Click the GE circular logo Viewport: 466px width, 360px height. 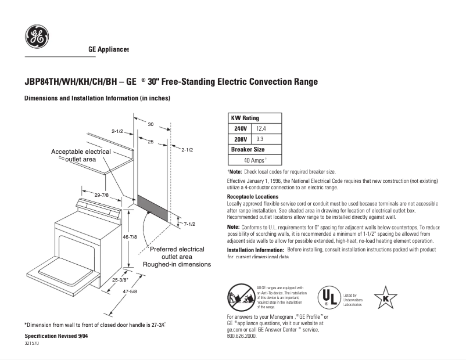(x=37, y=37)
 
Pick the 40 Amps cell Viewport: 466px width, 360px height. (x=255, y=160)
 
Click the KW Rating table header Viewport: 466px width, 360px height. (x=246, y=118)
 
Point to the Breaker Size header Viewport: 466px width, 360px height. (x=248, y=149)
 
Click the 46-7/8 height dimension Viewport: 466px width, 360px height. (x=130, y=237)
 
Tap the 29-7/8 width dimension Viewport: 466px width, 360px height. (x=102, y=195)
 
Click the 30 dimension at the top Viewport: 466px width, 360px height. (x=150, y=124)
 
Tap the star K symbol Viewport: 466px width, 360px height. (x=385, y=298)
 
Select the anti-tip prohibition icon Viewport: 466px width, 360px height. (x=239, y=297)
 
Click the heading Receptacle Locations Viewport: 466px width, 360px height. (x=252, y=197)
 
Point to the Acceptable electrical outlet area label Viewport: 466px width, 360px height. (x=81, y=155)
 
